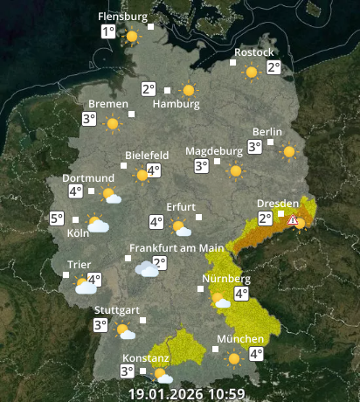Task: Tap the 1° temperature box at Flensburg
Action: (x=107, y=32)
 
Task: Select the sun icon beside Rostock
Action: (x=252, y=73)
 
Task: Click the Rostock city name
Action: (x=253, y=52)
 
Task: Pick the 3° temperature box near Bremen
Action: (x=89, y=119)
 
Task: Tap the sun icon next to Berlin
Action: (x=288, y=151)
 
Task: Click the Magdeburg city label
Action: (x=213, y=151)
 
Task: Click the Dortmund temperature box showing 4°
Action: (x=75, y=191)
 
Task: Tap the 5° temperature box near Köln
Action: (x=57, y=219)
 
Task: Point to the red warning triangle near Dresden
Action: (x=294, y=221)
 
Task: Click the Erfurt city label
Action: (x=181, y=206)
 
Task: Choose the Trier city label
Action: (x=80, y=264)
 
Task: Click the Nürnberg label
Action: (x=226, y=280)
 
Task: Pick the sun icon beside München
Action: (x=233, y=357)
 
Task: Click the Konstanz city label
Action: (x=140, y=359)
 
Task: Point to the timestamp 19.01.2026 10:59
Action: (x=186, y=393)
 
